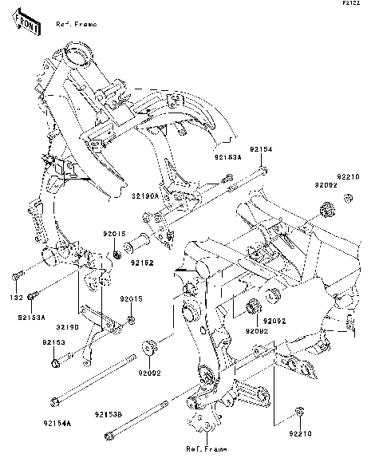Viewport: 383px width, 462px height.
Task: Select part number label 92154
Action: click(x=259, y=149)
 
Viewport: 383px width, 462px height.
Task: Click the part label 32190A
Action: click(x=146, y=195)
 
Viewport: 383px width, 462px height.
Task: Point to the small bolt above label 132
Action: click(x=16, y=278)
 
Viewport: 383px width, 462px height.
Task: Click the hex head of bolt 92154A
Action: click(x=54, y=401)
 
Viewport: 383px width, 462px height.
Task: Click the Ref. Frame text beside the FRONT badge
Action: click(x=77, y=25)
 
